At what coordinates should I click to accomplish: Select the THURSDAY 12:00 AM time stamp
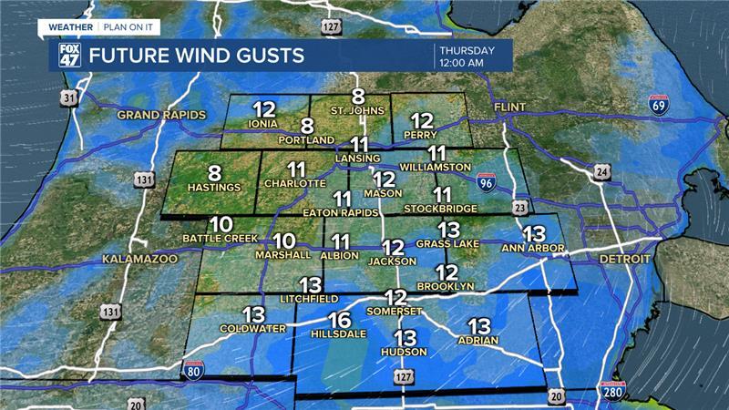(467, 56)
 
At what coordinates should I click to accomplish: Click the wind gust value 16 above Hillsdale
(340, 320)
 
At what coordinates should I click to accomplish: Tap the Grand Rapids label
(160, 116)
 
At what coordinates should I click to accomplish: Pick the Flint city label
(510, 108)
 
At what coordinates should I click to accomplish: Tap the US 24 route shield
(601, 170)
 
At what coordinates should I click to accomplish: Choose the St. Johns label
(357, 112)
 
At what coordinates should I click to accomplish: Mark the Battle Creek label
(219, 239)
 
